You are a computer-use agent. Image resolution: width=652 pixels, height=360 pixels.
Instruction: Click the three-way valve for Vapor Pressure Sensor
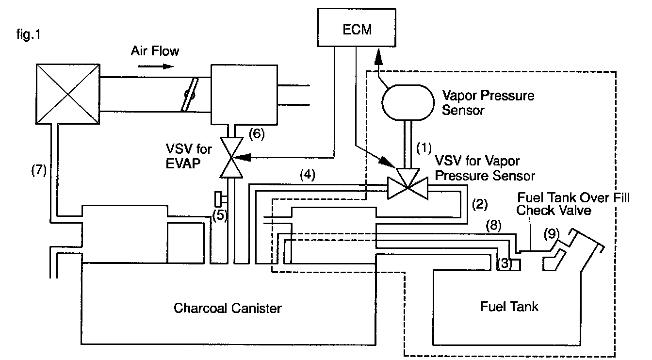point(407,185)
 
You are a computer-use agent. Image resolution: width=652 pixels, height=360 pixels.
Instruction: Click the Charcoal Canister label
point(228,308)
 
